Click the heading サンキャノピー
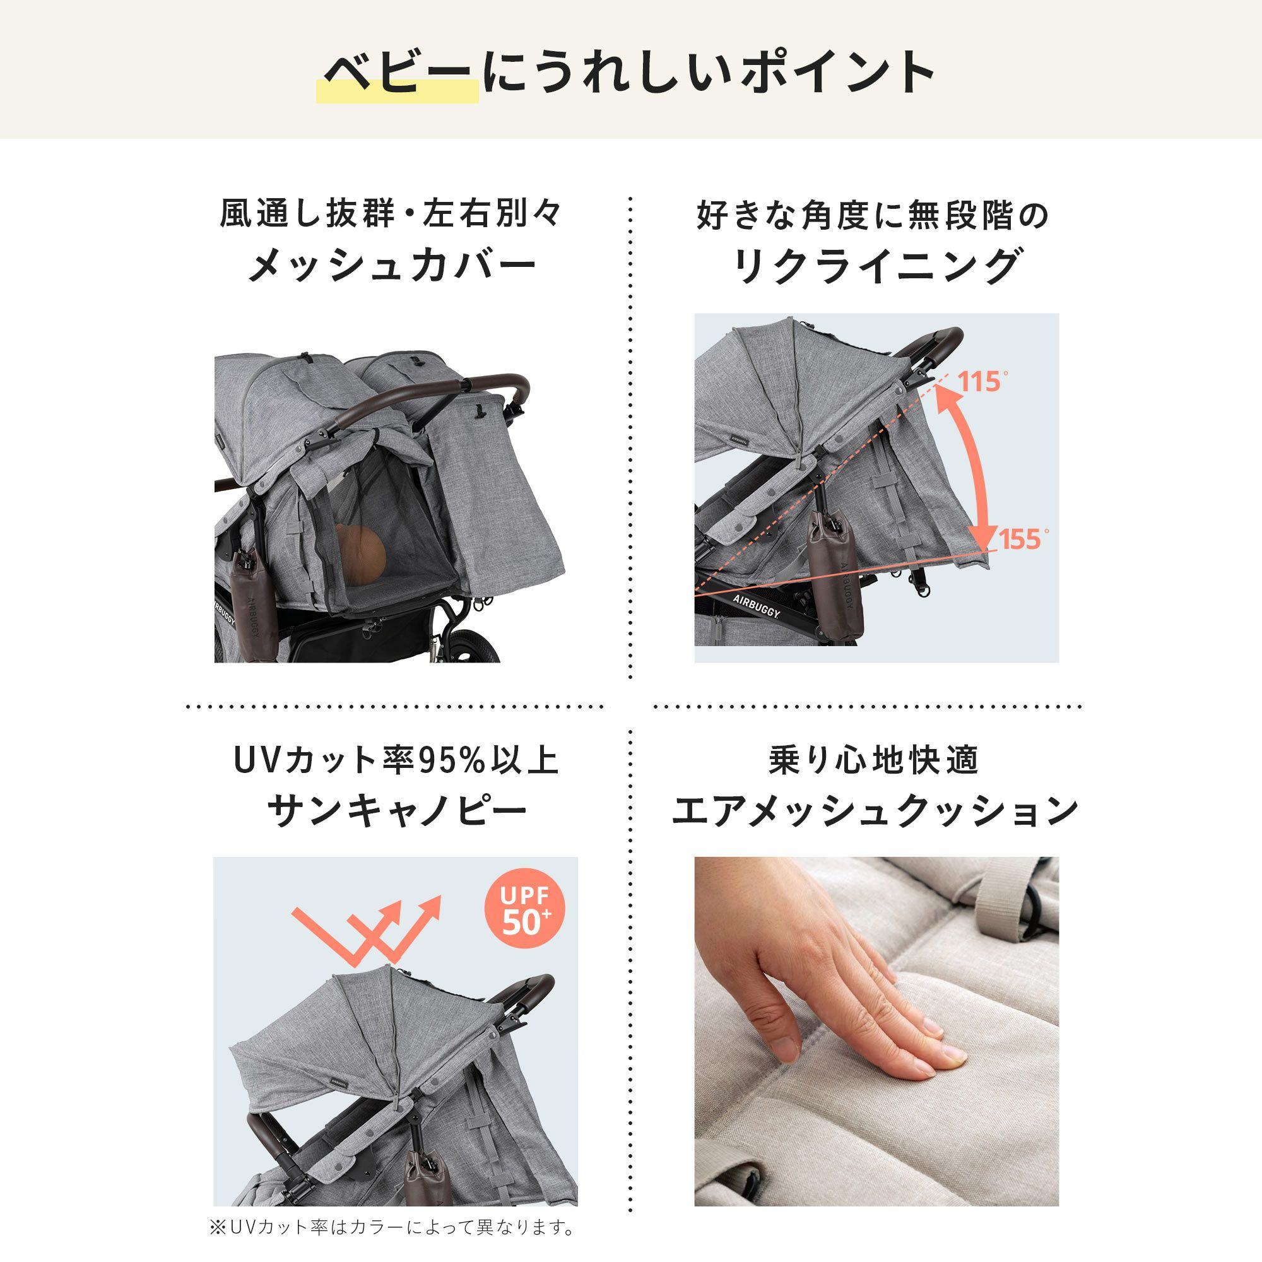(x=396, y=812)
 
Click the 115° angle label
(x=982, y=382)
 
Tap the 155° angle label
(x=1023, y=540)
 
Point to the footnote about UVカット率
(x=392, y=1227)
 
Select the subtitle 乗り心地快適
(x=874, y=760)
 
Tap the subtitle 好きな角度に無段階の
(x=873, y=216)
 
